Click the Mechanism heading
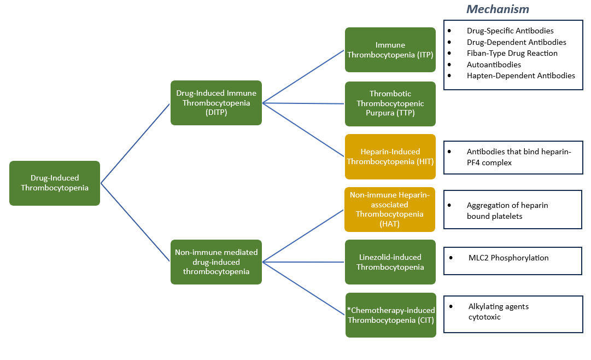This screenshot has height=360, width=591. tap(498, 9)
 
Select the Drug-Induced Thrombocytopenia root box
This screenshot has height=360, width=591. tap(55, 183)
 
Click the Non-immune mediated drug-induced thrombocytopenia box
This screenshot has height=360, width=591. tap(216, 262)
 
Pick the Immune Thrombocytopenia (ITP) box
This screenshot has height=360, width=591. tap(390, 50)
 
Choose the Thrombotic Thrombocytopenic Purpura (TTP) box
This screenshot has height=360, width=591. tap(390, 103)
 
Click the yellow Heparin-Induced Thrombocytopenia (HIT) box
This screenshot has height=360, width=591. tap(390, 156)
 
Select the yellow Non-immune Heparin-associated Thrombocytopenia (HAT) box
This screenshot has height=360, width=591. tap(390, 210)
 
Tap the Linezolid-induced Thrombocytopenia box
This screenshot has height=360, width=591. tap(390, 262)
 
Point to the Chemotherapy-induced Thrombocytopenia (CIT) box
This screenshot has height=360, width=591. tap(391, 315)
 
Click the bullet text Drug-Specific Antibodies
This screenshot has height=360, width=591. tap(510, 31)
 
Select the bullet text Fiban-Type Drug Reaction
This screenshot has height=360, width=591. tap(512, 53)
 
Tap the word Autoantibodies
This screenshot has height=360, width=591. tap(494, 65)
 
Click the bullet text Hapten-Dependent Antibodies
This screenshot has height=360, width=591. tap(520, 76)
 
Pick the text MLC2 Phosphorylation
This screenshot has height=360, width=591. tap(508, 258)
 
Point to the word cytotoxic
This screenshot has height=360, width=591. tap(484, 317)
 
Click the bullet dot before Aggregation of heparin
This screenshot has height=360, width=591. tap(449, 205)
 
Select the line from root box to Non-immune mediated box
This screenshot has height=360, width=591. tap(135, 222)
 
